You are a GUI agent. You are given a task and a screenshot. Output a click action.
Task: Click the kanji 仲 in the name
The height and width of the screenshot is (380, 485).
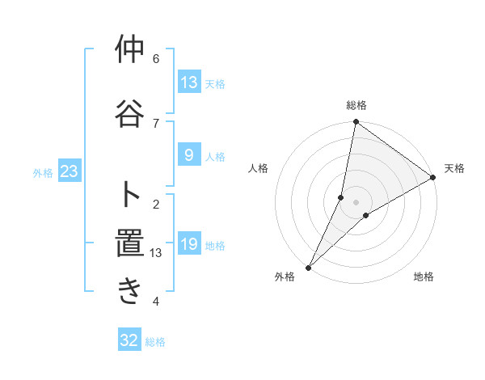(x=129, y=50)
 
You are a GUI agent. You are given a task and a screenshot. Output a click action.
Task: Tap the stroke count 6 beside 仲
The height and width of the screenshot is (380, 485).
(x=156, y=58)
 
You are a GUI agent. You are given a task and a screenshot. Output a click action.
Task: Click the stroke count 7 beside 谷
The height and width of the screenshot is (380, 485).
(x=156, y=123)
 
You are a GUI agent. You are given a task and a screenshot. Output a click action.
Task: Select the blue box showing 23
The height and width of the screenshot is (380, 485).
(x=69, y=172)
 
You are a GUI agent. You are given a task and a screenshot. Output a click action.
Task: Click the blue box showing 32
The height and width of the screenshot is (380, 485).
(x=129, y=340)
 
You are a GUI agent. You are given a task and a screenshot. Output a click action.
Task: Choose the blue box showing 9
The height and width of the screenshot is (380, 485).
(x=188, y=155)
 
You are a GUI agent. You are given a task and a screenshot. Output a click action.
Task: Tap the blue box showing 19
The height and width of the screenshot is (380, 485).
(x=188, y=244)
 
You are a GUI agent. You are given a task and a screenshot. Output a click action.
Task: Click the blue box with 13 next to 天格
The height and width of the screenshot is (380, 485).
(x=188, y=82)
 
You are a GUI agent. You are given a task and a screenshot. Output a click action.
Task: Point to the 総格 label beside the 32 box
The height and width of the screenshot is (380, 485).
(x=155, y=342)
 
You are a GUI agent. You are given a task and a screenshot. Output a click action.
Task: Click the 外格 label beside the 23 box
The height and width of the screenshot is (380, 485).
(x=43, y=173)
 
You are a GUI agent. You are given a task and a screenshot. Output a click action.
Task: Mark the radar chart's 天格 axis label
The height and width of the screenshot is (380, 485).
(x=454, y=168)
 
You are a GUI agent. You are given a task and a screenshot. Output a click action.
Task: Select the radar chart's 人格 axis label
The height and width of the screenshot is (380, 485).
(x=259, y=168)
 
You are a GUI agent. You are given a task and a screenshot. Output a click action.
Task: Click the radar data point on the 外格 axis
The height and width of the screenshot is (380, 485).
(x=308, y=267)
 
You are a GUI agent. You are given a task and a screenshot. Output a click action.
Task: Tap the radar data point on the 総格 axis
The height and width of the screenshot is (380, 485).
(x=356, y=122)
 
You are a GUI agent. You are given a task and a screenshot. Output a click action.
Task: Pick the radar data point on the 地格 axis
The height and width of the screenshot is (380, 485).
(x=366, y=215)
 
